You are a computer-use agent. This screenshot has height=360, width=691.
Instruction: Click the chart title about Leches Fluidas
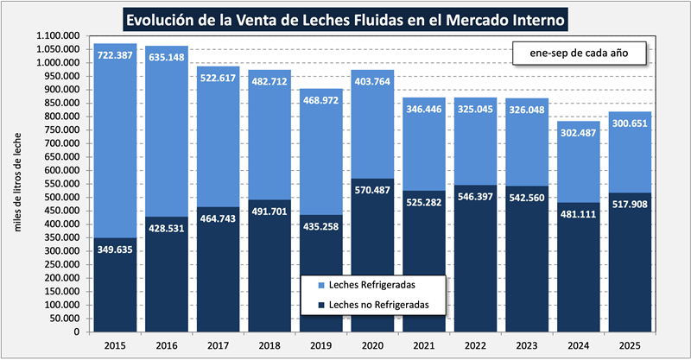(345, 18)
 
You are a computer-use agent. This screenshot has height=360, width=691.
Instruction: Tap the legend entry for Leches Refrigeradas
(377, 285)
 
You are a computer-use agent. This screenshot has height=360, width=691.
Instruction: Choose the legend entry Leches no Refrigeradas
(377, 305)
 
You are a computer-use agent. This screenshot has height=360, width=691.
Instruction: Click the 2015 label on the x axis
(115, 345)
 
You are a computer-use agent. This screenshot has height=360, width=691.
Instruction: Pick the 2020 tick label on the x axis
(372, 345)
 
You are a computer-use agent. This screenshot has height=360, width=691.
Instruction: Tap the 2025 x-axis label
(630, 345)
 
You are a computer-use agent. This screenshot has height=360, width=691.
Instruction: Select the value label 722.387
(115, 55)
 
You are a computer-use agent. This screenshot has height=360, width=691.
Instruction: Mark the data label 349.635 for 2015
(115, 250)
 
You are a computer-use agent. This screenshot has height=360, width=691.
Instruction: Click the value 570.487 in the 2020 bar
(372, 191)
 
